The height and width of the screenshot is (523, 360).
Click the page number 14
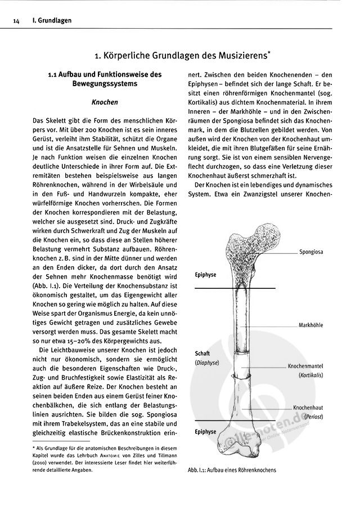point(16,21)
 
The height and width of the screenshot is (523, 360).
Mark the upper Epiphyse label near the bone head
point(205,275)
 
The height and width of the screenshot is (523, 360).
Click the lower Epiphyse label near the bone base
point(205,432)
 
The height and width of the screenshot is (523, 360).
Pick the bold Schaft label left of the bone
point(202,354)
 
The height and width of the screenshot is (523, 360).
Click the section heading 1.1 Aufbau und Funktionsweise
point(105,79)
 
